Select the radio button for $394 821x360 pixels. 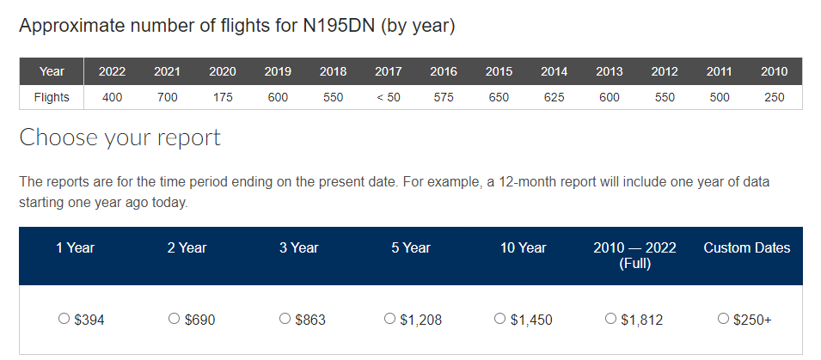pos(64,319)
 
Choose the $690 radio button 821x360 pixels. pos(175,319)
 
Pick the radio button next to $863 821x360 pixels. pos(285,319)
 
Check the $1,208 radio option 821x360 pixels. pos(391,319)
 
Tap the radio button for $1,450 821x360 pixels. pos(500,319)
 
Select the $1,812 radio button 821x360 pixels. pos(611,319)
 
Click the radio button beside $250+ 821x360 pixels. pos(723,319)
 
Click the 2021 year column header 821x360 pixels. pos(167,71)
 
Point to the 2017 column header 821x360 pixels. pos(388,71)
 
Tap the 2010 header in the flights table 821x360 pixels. pos(774,71)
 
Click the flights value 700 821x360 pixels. pos(167,97)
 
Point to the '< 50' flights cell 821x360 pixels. pos(388,97)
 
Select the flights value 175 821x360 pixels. pos(222,97)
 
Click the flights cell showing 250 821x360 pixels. pos(774,97)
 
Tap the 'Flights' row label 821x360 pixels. pos(52,97)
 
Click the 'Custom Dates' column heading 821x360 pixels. pos(746,247)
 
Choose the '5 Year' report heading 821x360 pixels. pos(411,247)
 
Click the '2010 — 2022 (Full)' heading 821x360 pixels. pos(634,255)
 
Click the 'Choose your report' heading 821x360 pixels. pos(119,137)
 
